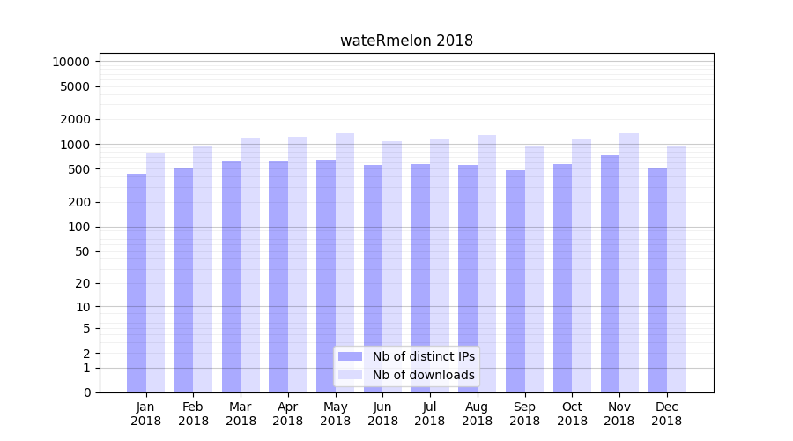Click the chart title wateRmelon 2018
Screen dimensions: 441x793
click(406, 41)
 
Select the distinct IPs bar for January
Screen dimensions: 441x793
click(137, 282)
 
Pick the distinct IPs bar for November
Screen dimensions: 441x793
click(610, 273)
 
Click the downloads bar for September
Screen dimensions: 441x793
click(534, 269)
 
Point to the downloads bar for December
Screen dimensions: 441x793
click(676, 269)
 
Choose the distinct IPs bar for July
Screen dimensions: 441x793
click(420, 278)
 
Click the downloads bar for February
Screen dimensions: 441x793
click(203, 269)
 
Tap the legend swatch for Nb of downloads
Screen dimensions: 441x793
click(350, 375)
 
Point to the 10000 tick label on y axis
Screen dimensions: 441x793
click(70, 62)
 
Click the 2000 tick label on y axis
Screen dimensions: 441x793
click(74, 119)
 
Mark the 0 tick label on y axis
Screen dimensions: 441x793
click(86, 392)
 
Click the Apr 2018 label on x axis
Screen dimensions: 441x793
click(288, 414)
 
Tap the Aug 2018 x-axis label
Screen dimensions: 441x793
click(477, 414)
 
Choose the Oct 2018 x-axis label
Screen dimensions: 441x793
click(572, 414)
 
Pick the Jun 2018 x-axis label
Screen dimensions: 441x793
click(382, 414)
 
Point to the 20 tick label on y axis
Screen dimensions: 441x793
click(81, 283)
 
